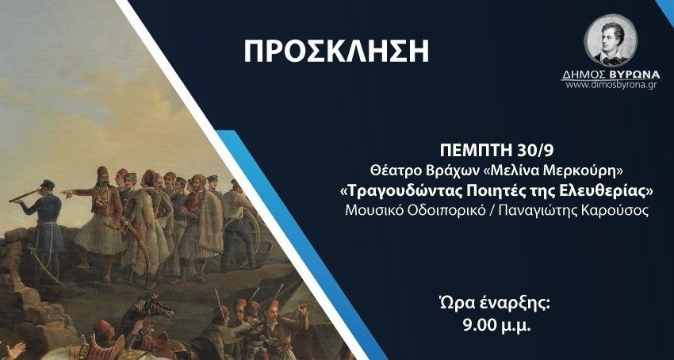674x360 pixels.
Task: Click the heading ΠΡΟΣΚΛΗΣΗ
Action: click(x=336, y=52)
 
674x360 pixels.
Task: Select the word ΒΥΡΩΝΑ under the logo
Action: click(x=634, y=75)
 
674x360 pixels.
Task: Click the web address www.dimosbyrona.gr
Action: click(x=611, y=85)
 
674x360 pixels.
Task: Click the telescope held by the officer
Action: click(x=25, y=196)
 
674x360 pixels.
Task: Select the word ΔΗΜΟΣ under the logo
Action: click(x=584, y=75)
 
